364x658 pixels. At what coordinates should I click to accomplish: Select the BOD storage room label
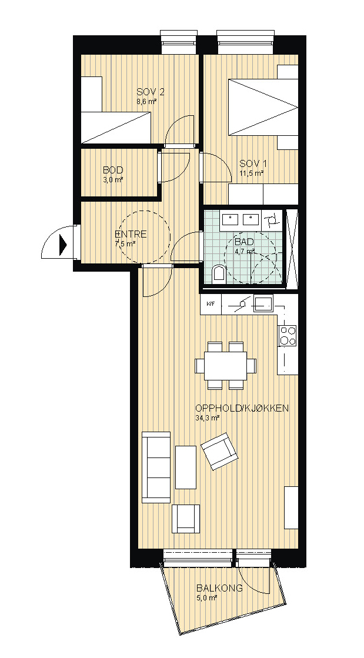pos(113,171)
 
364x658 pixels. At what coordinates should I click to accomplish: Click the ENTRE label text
pos(131,235)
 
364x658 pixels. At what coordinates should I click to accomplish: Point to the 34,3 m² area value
pos(208,418)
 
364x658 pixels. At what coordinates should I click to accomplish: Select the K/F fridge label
pos(211,304)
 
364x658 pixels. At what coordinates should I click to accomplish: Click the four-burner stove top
pos(288,336)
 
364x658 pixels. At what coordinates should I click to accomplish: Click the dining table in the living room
pos(225,366)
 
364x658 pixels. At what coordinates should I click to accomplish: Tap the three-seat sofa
pos(156,467)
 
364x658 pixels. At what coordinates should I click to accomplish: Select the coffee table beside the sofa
pos(186,467)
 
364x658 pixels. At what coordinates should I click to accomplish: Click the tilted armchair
pos(219,452)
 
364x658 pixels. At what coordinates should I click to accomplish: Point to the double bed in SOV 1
pos(263,107)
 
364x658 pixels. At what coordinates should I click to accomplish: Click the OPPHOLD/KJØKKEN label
pos(242,408)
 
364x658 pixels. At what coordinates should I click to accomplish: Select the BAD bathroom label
pos(244,242)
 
